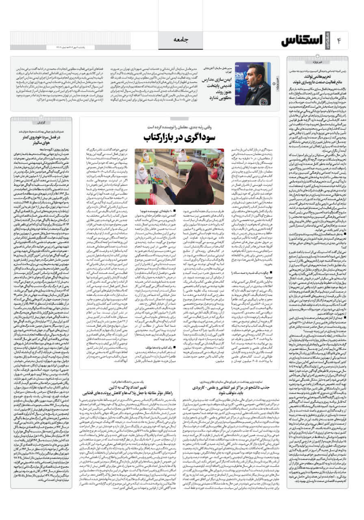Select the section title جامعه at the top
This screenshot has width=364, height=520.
182,39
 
